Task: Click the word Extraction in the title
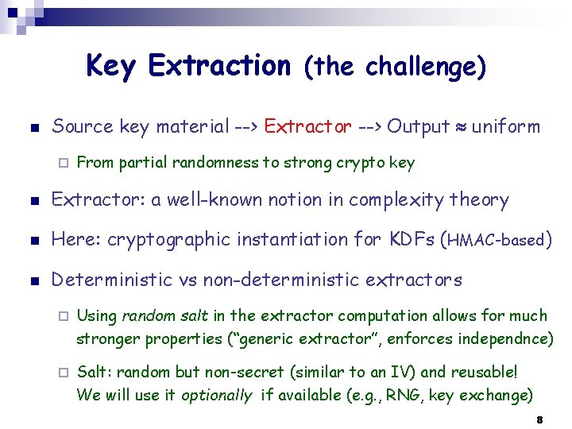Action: (219, 65)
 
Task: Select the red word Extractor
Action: (307, 126)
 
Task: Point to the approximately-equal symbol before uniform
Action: (461, 127)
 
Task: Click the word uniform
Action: (505, 126)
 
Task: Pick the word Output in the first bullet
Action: (418, 126)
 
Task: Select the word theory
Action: (479, 200)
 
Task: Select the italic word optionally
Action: (217, 395)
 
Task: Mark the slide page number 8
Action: (539, 419)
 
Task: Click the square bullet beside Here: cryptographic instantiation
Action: (29, 240)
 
